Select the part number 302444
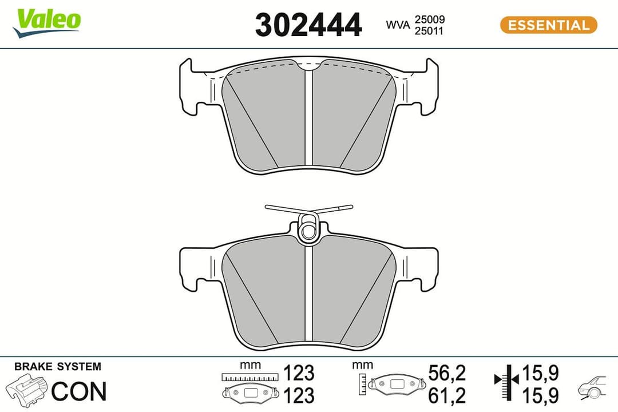308,25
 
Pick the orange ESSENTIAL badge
548,25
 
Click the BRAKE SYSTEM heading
57,366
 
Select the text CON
79,391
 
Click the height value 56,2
447,373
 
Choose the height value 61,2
447,394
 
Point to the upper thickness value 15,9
540,373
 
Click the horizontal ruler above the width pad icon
251,377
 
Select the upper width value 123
299,373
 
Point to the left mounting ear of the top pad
192,86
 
